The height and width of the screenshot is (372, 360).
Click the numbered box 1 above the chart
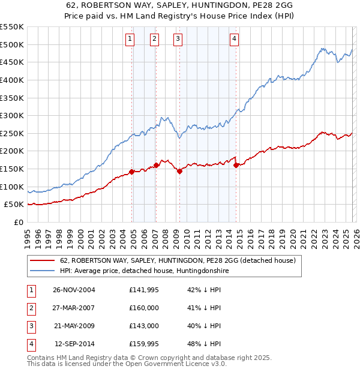tap(130, 39)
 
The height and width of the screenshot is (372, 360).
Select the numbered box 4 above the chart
tap(234, 39)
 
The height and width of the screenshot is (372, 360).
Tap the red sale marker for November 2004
tap(132, 172)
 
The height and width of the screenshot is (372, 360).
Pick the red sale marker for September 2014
tap(236, 165)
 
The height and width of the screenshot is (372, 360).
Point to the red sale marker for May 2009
tap(179, 171)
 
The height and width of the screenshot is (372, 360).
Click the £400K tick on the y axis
tap(12, 80)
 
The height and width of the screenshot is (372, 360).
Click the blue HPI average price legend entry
tap(145, 271)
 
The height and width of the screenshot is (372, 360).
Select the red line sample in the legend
tap(42, 261)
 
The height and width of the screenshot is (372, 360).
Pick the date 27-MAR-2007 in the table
tap(74, 308)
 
